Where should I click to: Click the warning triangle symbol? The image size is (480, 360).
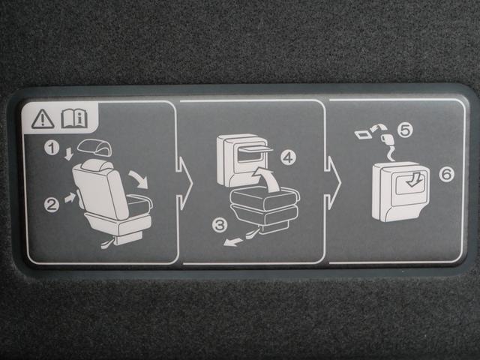tap(43, 119)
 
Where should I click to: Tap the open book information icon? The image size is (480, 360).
tap(74, 118)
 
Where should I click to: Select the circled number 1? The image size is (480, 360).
tap(52, 148)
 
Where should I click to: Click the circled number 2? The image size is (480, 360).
tap(52, 205)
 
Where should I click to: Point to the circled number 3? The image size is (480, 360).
tap(220, 225)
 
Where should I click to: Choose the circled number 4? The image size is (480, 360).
tap(288, 157)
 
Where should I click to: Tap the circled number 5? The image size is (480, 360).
tap(405, 130)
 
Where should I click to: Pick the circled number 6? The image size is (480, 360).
tap(447, 174)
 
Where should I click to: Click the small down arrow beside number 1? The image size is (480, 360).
tap(69, 154)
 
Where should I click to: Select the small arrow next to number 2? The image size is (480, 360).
tap(70, 196)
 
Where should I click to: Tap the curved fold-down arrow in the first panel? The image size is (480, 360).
tap(138, 179)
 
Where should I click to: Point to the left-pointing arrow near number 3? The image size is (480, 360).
tap(233, 241)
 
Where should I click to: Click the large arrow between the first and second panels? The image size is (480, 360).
tap(184, 184)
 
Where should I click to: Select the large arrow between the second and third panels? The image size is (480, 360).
tap(333, 183)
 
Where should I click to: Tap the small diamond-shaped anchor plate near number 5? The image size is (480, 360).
tap(363, 134)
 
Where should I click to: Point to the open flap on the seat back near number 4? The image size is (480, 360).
tap(256, 148)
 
